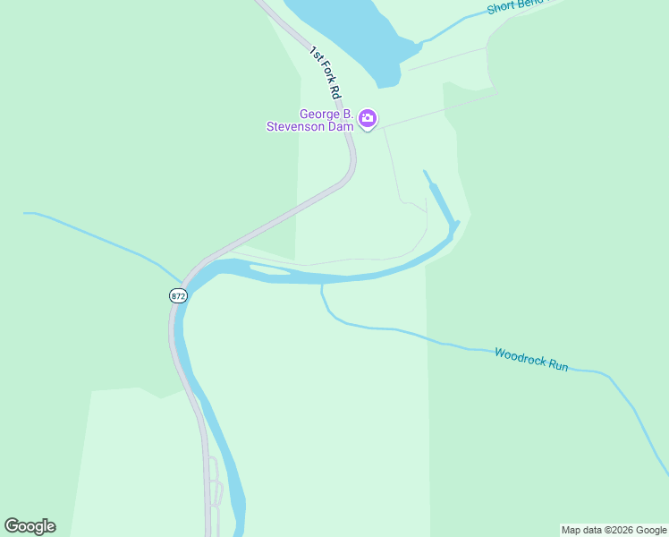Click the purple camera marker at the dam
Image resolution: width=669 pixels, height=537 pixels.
(x=367, y=118)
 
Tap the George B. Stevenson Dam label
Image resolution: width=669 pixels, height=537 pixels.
(x=311, y=120)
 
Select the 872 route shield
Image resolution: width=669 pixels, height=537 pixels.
(x=178, y=295)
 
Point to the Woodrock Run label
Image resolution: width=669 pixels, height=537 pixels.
(x=531, y=360)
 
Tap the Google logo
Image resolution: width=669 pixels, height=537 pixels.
(x=30, y=526)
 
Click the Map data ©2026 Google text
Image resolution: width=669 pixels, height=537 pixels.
(x=614, y=530)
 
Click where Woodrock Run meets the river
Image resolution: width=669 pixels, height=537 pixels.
(x=322, y=284)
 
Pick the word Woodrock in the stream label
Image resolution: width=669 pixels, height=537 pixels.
(x=518, y=356)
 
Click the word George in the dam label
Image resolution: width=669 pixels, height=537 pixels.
(x=320, y=114)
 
